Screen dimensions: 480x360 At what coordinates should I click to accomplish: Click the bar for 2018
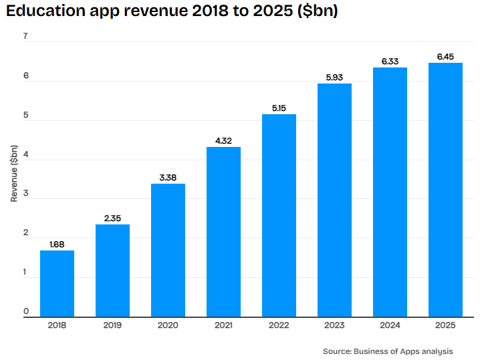pyautogui.click(x=57, y=284)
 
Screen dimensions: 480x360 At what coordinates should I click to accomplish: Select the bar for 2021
pyautogui.click(x=223, y=232)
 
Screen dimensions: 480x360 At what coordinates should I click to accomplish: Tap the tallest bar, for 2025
pyautogui.click(x=445, y=190)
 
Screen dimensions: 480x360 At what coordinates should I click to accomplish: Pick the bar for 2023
pyautogui.click(x=334, y=200)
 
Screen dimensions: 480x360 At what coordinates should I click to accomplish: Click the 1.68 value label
pyautogui.click(x=57, y=244)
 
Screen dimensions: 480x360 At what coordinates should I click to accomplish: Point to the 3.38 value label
pyautogui.click(x=168, y=178)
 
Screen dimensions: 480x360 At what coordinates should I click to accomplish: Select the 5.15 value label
pyautogui.click(x=279, y=108)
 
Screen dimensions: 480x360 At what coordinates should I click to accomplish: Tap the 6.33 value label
pyautogui.click(x=390, y=61)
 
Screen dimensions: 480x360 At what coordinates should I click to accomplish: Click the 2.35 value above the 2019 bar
pyautogui.click(x=113, y=218)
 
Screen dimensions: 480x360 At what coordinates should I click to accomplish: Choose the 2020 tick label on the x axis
pyautogui.click(x=168, y=325)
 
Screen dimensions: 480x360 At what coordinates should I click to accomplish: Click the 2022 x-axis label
pyautogui.click(x=279, y=325)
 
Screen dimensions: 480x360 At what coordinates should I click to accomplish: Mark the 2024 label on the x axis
pyautogui.click(x=390, y=325)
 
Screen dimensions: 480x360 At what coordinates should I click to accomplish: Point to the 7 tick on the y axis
pyautogui.click(x=25, y=36)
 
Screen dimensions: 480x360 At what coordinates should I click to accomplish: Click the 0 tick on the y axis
pyautogui.click(x=26, y=311)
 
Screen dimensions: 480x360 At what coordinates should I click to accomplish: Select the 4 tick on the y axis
pyautogui.click(x=25, y=154)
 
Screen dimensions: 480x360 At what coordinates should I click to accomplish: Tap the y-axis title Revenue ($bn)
pyautogui.click(x=14, y=174)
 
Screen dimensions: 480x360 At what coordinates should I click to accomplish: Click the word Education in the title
pyautogui.click(x=45, y=11)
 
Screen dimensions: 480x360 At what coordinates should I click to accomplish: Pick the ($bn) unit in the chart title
pyautogui.click(x=318, y=11)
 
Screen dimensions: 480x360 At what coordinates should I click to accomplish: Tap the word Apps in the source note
pyautogui.click(x=410, y=352)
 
